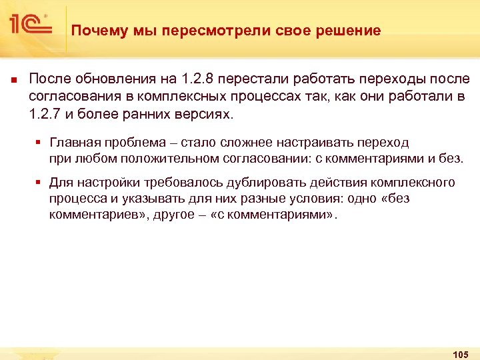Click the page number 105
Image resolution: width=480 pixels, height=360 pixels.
(460, 353)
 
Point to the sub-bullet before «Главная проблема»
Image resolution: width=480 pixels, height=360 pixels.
(40, 143)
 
